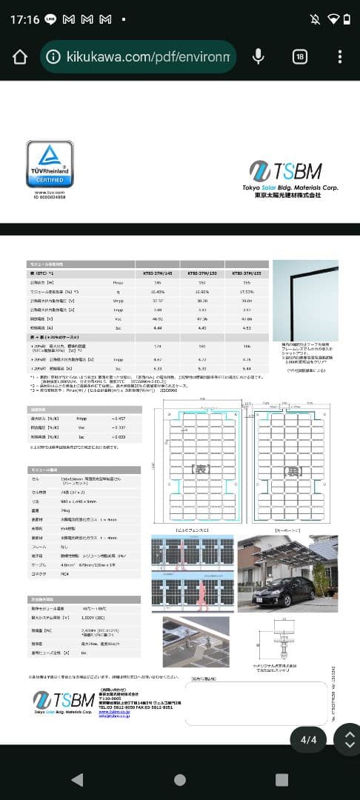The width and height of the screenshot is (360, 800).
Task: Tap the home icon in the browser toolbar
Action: [x=20, y=57]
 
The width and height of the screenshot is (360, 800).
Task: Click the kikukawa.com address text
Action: [x=148, y=57]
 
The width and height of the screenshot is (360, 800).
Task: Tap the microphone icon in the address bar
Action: [x=259, y=57]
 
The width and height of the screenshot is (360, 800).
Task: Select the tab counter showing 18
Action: [x=300, y=57]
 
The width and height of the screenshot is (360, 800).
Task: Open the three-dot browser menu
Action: [x=339, y=57]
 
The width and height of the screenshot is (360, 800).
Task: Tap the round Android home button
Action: [x=180, y=779]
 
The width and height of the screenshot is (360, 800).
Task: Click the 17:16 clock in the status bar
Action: [x=24, y=19]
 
